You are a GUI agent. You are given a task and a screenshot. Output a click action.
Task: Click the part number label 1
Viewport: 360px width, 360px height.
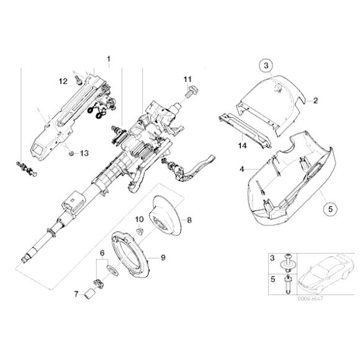(x=109, y=61)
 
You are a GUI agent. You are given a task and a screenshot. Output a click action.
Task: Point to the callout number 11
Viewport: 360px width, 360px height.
(x=188, y=78)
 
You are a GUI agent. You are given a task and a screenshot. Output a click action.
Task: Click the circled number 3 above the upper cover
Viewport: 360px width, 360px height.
(x=264, y=66)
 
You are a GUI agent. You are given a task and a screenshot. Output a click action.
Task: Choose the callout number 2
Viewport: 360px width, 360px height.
(x=315, y=100)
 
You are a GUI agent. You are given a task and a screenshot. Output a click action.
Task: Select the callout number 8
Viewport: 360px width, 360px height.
(x=189, y=219)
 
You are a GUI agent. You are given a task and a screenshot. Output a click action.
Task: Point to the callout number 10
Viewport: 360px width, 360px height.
(x=138, y=219)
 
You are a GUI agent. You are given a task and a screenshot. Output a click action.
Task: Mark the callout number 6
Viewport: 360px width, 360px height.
(x=100, y=253)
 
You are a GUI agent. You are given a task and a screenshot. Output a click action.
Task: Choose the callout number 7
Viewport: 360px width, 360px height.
(x=76, y=294)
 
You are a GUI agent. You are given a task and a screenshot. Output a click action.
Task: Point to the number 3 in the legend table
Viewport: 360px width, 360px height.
(x=271, y=257)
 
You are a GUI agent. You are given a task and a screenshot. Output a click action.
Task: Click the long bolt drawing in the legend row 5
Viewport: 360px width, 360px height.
(x=289, y=286)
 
